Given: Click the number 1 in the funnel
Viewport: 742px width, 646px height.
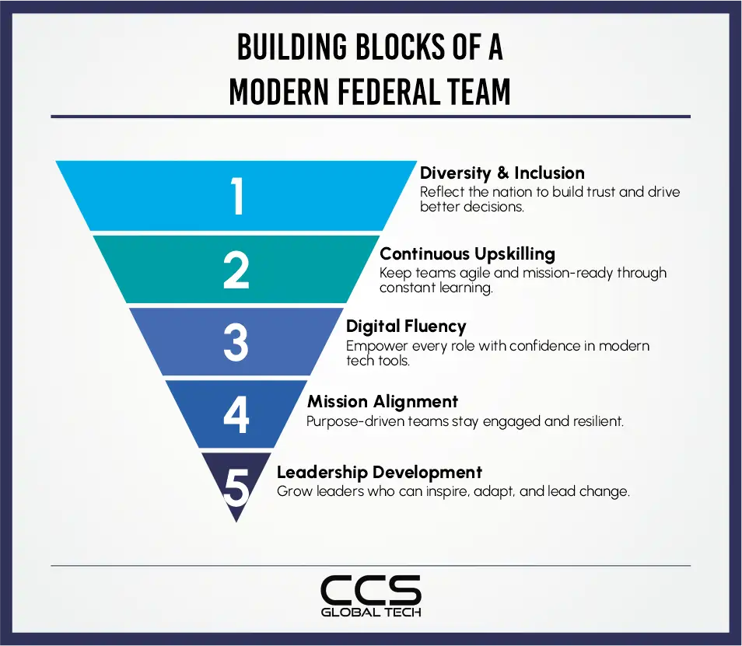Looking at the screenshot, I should point(237,196).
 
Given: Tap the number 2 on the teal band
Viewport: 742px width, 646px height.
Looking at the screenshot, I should point(236,270).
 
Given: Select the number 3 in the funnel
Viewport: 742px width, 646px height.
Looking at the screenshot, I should point(236,343).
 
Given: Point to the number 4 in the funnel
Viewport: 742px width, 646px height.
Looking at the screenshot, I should point(236,414).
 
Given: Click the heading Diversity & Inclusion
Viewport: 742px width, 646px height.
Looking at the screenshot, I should point(502,173).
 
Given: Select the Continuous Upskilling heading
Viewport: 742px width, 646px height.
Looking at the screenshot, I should point(467,253).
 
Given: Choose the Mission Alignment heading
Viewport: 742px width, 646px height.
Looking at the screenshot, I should point(383,402).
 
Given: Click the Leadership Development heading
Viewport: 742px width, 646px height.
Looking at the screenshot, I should point(380,472).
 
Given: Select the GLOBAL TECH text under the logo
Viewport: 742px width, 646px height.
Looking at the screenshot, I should point(371,613).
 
